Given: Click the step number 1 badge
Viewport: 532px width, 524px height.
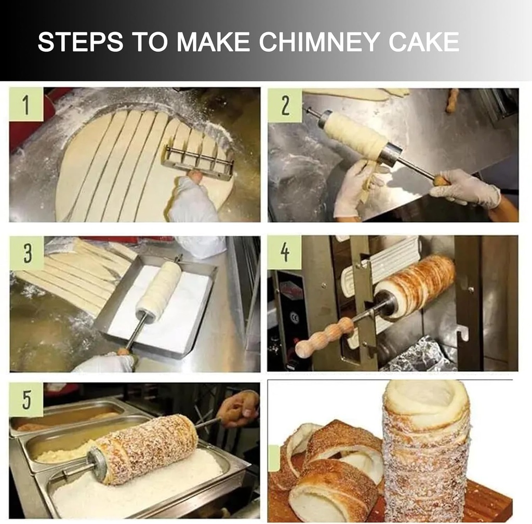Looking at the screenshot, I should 26,104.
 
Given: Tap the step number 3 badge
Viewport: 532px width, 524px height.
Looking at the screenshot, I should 27,253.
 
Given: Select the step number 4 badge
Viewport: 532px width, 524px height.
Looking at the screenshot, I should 285,252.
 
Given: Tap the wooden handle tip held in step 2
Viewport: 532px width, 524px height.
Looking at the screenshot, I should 442,181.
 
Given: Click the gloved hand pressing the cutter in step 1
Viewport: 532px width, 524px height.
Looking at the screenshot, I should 192,200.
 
